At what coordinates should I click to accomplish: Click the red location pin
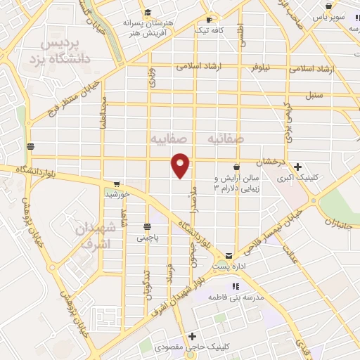tap(181, 165)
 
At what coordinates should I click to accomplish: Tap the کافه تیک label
tap(210, 32)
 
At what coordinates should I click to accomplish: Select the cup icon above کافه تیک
tap(209, 19)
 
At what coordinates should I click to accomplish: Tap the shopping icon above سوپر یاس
tap(328, 6)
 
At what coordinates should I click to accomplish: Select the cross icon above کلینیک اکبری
tap(298, 167)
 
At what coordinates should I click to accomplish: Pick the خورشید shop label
tap(115, 193)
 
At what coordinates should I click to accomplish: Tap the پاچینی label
tap(148, 238)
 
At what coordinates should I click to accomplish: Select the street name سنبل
tap(314, 94)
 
